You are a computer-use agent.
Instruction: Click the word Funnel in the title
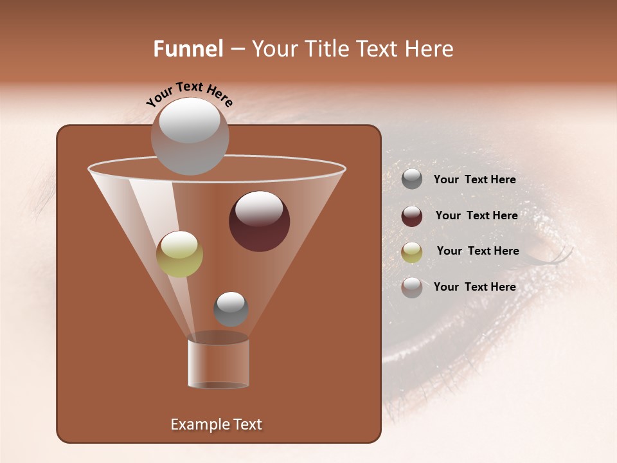tap(188, 49)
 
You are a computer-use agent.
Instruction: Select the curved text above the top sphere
tap(189, 94)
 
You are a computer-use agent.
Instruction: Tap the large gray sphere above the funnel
tap(190, 136)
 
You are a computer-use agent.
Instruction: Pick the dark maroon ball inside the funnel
tap(260, 222)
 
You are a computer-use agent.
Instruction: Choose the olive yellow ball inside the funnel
tap(179, 255)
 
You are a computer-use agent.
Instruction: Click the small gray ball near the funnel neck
tap(231, 309)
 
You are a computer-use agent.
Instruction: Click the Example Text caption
tap(216, 424)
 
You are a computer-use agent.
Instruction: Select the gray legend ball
tap(412, 179)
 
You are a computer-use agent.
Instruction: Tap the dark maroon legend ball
tap(412, 216)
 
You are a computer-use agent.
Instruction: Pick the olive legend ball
tap(412, 252)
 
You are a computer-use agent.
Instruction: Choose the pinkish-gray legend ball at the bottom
tap(412, 287)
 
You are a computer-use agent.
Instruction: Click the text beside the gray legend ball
tap(474, 180)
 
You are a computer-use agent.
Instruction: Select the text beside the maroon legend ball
tap(476, 216)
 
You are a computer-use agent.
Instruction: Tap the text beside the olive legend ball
tap(478, 251)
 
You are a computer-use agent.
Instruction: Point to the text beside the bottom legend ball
tap(474, 287)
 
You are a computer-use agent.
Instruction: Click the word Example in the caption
tap(195, 424)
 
